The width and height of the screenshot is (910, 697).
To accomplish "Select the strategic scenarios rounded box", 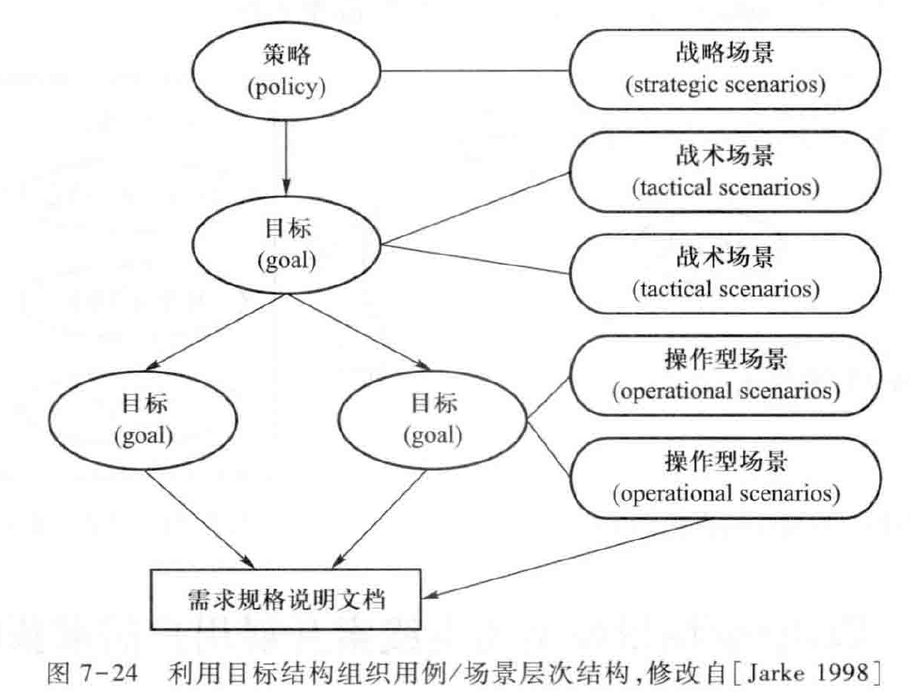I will (725, 71).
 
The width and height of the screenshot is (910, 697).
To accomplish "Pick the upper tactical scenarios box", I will (725, 174).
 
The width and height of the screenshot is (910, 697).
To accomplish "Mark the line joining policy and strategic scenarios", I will (475, 71).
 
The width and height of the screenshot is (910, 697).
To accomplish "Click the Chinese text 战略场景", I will (725, 54).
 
